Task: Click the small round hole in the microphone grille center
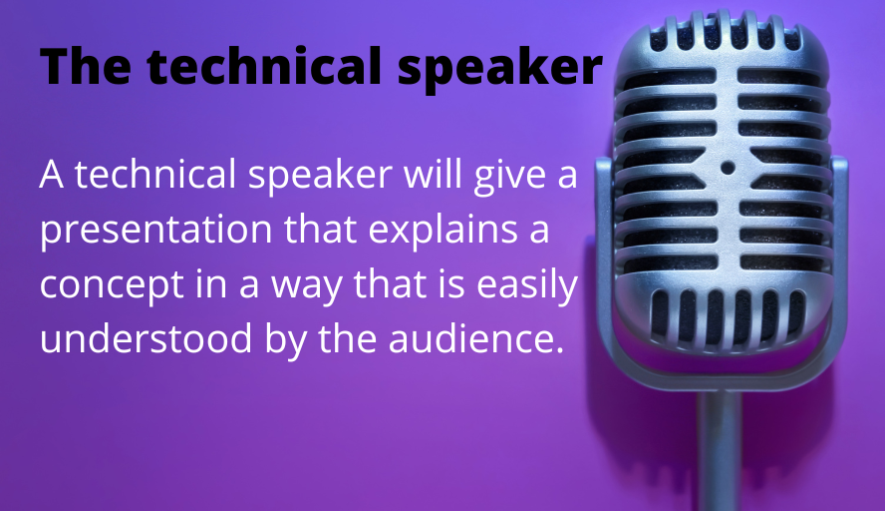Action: click(728, 168)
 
